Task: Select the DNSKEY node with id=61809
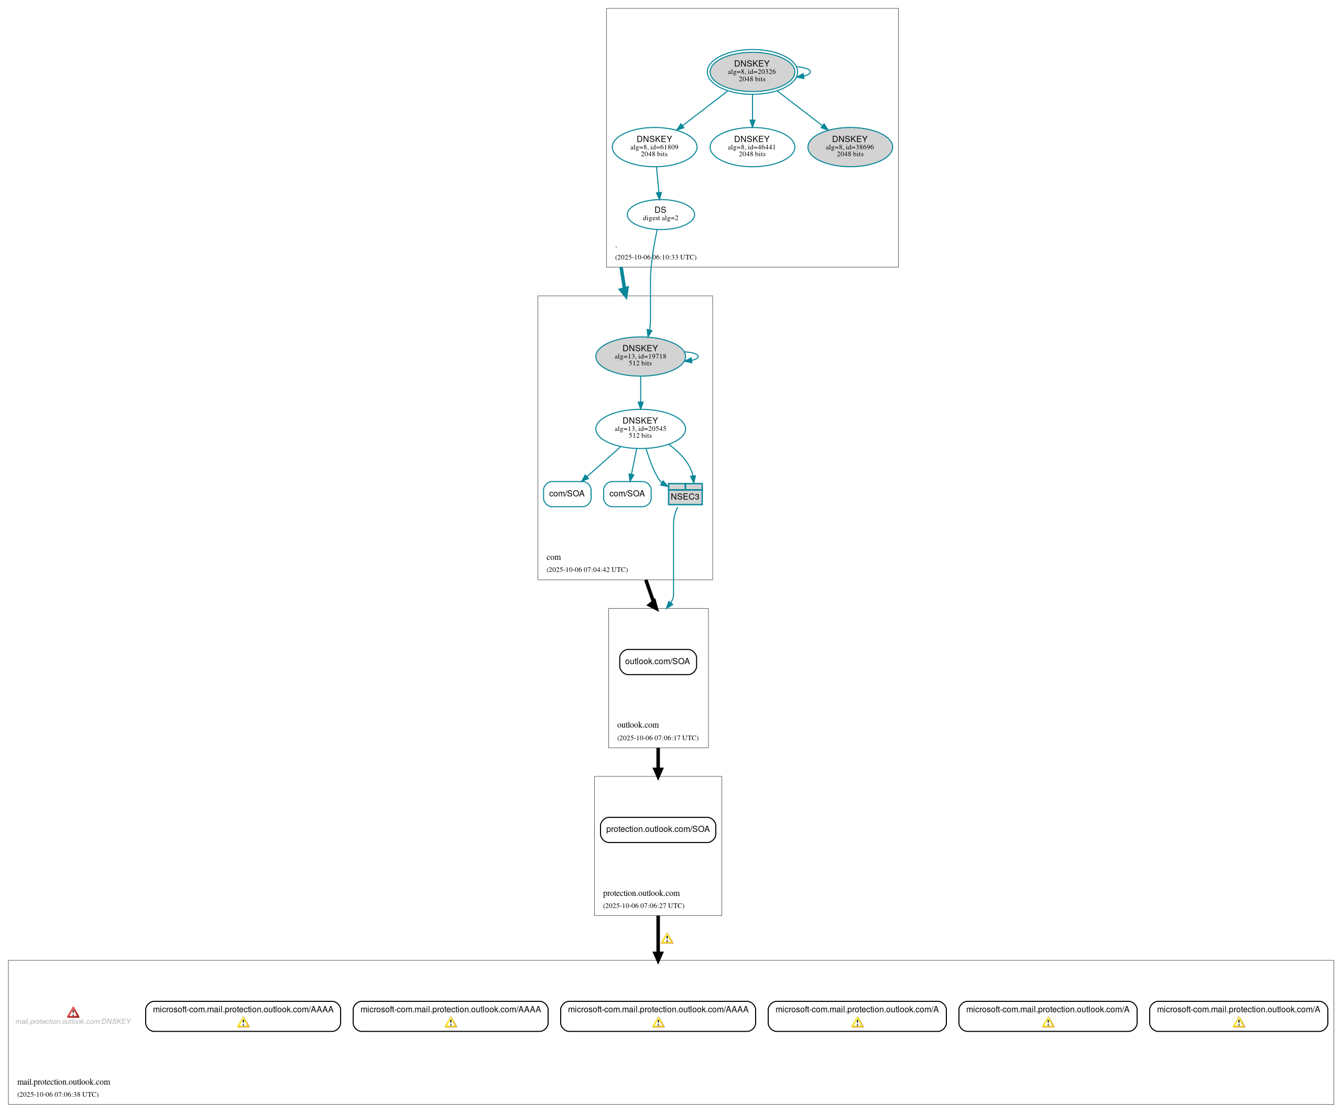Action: point(654,146)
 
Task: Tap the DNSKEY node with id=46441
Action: point(751,146)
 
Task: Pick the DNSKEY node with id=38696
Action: point(849,146)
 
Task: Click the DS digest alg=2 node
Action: point(660,214)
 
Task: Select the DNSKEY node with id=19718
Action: point(640,356)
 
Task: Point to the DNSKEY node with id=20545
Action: point(640,428)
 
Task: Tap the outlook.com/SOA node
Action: point(657,662)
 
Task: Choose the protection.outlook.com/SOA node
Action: point(657,829)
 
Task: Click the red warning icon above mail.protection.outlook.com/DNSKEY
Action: point(73,1012)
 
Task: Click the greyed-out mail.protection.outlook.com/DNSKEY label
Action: point(73,1022)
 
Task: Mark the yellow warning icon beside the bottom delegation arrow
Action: point(667,938)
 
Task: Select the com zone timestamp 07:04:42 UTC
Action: point(587,569)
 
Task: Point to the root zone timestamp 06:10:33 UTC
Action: point(655,257)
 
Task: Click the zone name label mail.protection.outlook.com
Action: point(63,1082)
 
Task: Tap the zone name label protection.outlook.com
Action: point(641,893)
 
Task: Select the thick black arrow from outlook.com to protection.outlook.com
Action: point(658,762)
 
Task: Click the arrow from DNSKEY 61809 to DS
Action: point(658,183)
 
